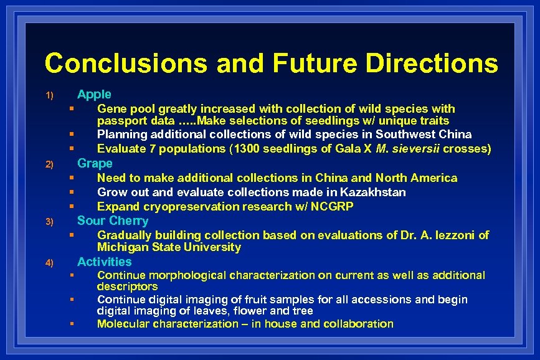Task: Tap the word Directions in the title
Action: click(432, 64)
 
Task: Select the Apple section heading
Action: click(94, 95)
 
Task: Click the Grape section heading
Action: click(95, 164)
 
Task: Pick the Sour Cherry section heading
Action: click(113, 221)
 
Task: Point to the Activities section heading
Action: click(105, 262)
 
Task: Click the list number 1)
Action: click(50, 96)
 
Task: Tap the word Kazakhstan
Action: click(376, 192)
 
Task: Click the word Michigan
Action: click(121, 247)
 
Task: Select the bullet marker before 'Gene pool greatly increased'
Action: click(72, 109)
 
